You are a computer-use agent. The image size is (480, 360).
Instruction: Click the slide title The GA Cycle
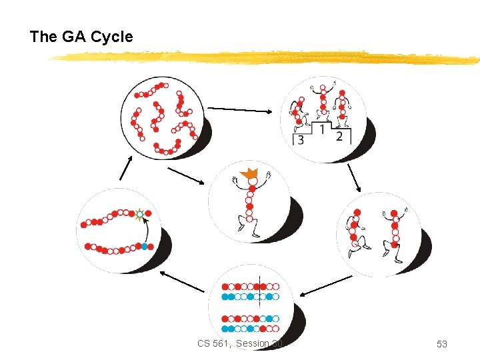[x=81, y=37]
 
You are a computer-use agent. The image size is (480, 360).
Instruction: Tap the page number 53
[x=441, y=344]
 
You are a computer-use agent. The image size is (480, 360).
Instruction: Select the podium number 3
[x=301, y=139]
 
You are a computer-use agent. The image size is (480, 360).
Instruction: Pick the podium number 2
[x=339, y=136]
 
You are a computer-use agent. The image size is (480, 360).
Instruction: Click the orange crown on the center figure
[x=251, y=177]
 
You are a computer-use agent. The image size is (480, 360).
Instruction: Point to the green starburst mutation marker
[x=139, y=215]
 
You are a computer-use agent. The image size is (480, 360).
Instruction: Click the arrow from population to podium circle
[x=241, y=110]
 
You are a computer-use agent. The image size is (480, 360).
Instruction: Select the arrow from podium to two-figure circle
[x=354, y=177]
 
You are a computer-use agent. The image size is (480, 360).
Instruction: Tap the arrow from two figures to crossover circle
[x=326, y=285]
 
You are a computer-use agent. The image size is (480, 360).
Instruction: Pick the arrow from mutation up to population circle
[x=125, y=169]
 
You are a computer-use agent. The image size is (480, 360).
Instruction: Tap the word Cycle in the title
[x=111, y=37]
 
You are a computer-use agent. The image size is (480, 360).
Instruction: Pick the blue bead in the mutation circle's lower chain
[x=144, y=247]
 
